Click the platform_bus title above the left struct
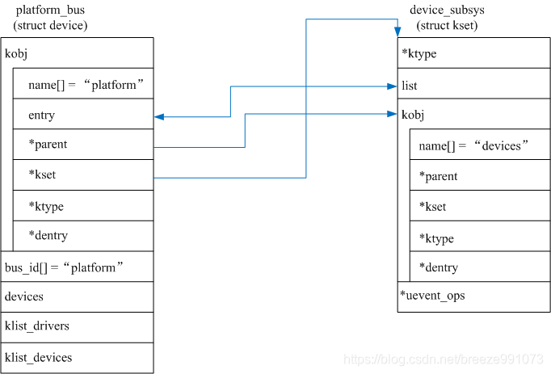tap(50, 10)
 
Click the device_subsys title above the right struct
tap(447, 10)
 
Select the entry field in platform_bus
tap(41, 116)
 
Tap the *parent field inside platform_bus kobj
tap(48, 145)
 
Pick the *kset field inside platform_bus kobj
tap(42, 175)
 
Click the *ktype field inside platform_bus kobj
tap(45, 206)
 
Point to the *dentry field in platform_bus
tap(48, 236)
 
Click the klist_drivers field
tap(37, 326)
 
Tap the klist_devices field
tap(38, 357)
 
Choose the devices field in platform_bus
tap(24, 296)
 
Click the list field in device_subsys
tap(410, 86)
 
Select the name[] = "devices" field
tap(473, 145)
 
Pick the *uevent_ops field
tap(432, 296)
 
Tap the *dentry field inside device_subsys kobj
tap(438, 267)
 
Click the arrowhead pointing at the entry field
tap(158, 116)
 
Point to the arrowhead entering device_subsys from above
tap(397, 32)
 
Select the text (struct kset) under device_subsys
tap(447, 26)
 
